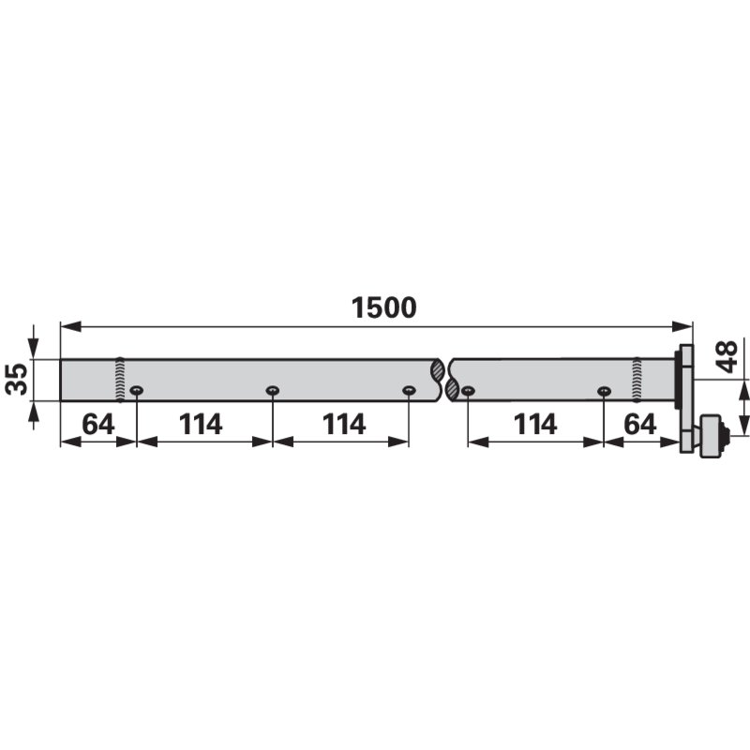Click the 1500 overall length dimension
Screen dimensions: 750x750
pos(384,307)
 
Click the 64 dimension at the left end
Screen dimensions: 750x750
pos(98,425)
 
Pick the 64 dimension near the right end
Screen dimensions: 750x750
pos(640,425)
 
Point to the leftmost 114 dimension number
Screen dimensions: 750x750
pos(201,425)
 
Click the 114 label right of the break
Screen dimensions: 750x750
pos(535,425)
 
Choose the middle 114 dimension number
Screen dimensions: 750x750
pos(344,425)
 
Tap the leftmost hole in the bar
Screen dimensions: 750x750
pos(136,391)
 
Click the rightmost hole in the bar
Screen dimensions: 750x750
pos(604,391)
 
